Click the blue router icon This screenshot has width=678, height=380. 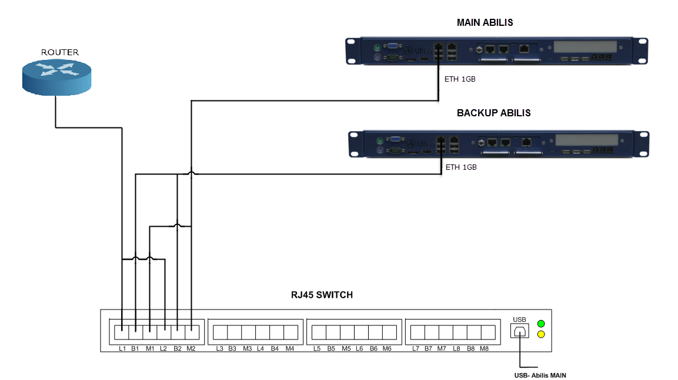click(x=57, y=77)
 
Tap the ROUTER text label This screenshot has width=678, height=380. click(x=59, y=52)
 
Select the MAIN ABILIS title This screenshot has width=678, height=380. click(x=485, y=23)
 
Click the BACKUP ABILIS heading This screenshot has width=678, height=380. click(x=493, y=113)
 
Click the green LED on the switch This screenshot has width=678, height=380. click(x=541, y=324)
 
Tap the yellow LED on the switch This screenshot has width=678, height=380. click(x=541, y=335)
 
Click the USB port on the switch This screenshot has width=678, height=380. click(x=520, y=332)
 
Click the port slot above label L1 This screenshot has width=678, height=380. click(x=122, y=332)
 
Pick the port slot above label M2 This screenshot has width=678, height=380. click(x=192, y=332)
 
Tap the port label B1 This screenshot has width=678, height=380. click(x=135, y=349)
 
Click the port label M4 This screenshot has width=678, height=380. click(x=290, y=349)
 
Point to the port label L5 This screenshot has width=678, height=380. click(x=317, y=349)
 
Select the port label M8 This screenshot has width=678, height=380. click(x=485, y=349)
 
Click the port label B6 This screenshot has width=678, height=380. click(x=373, y=349)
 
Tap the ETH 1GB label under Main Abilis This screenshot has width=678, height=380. click(x=460, y=79)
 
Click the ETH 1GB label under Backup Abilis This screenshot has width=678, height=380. click(x=461, y=167)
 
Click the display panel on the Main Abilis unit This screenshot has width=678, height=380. click(x=585, y=46)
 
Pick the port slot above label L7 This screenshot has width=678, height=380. click(x=417, y=332)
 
